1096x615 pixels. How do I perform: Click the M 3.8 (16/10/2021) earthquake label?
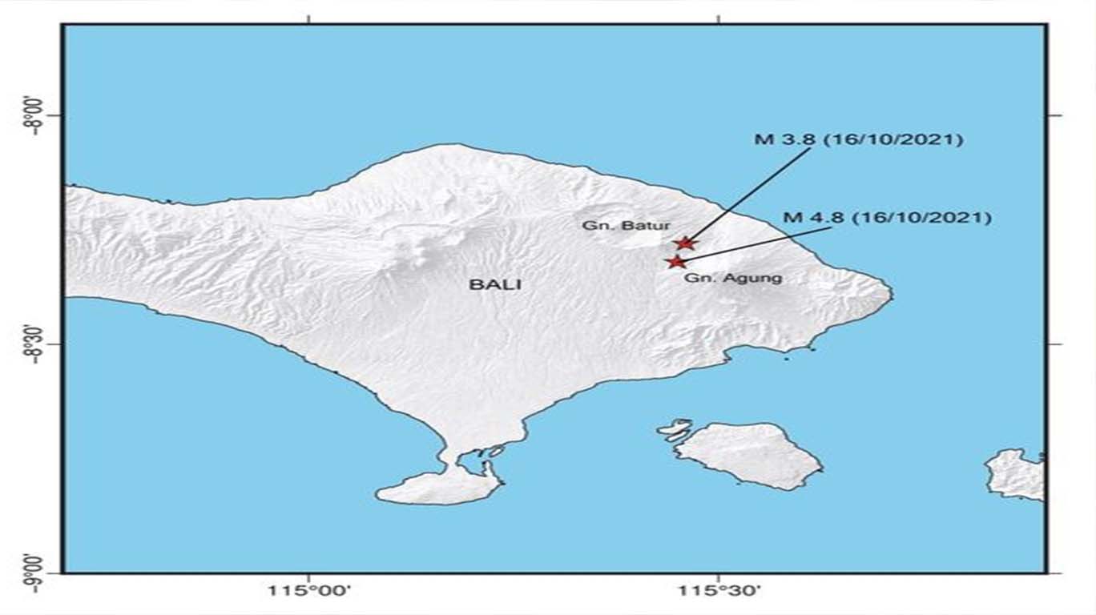858,139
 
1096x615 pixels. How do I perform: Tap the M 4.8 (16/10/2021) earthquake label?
888,218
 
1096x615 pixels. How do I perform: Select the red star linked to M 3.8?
684,243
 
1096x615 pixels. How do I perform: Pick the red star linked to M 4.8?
677,261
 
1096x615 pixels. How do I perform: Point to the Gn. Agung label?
733,279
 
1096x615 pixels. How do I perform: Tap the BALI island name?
489,283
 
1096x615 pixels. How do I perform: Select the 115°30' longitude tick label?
719,593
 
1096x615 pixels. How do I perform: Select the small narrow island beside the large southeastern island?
675,430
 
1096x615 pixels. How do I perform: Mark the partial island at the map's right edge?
1017,474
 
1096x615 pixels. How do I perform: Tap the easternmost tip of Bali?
890,295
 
